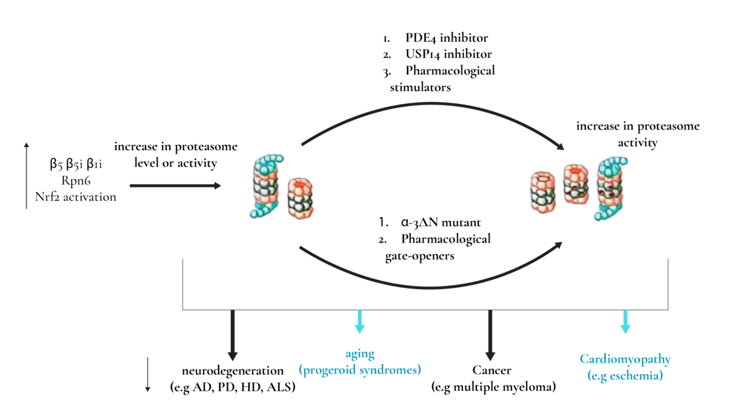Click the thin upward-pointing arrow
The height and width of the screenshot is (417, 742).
coord(26,176)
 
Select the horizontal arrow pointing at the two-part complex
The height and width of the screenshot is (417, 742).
coord(175,186)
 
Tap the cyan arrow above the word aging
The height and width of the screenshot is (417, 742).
coord(359,322)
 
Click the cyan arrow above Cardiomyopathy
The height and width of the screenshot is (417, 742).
coord(625,322)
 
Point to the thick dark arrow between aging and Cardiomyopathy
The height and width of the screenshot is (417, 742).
coord(490,336)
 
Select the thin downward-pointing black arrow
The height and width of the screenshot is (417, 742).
coord(147,375)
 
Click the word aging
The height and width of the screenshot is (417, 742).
coord(360,354)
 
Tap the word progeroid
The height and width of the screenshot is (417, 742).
coord(327,370)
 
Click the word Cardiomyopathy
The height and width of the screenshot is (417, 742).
coord(625,360)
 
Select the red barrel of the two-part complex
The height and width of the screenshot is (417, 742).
coord(300,198)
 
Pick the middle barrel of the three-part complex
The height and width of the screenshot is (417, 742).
coord(576,182)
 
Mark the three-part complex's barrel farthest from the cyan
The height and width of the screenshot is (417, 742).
coord(542,191)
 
